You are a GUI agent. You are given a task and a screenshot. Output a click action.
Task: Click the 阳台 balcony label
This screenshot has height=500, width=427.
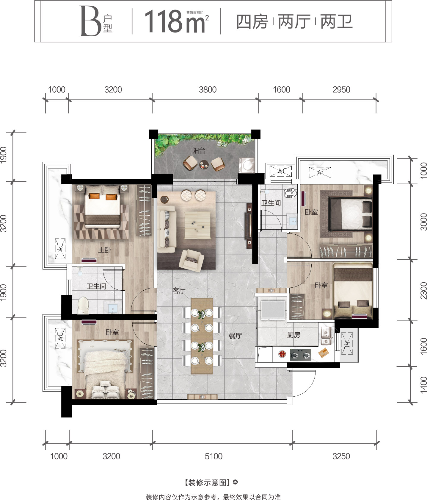(199, 151)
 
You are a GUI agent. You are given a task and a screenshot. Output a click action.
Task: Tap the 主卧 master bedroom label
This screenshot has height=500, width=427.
(105, 250)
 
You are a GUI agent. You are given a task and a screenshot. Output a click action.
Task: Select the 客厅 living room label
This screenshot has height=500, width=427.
(179, 290)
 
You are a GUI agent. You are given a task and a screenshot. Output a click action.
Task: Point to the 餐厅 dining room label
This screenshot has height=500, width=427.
(235, 336)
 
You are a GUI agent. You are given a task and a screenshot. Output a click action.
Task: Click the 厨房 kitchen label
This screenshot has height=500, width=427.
(294, 335)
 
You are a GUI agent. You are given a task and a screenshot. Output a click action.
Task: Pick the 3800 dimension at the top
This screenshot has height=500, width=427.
(208, 90)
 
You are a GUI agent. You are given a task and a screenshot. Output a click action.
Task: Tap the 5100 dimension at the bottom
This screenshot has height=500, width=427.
(213, 456)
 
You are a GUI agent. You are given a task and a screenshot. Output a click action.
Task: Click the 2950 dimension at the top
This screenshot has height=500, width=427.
(341, 90)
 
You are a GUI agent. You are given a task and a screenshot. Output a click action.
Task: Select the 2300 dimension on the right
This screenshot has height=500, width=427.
(423, 291)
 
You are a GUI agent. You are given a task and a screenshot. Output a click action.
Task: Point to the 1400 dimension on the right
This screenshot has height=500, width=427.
(423, 385)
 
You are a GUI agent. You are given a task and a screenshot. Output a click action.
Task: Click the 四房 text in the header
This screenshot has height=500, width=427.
(252, 22)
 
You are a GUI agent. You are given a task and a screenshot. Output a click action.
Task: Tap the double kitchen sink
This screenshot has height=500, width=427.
(326, 336)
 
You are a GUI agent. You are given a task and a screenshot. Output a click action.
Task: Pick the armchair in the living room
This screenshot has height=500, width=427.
(191, 260)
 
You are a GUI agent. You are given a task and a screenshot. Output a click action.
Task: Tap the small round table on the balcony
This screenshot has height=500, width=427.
(204, 165)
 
